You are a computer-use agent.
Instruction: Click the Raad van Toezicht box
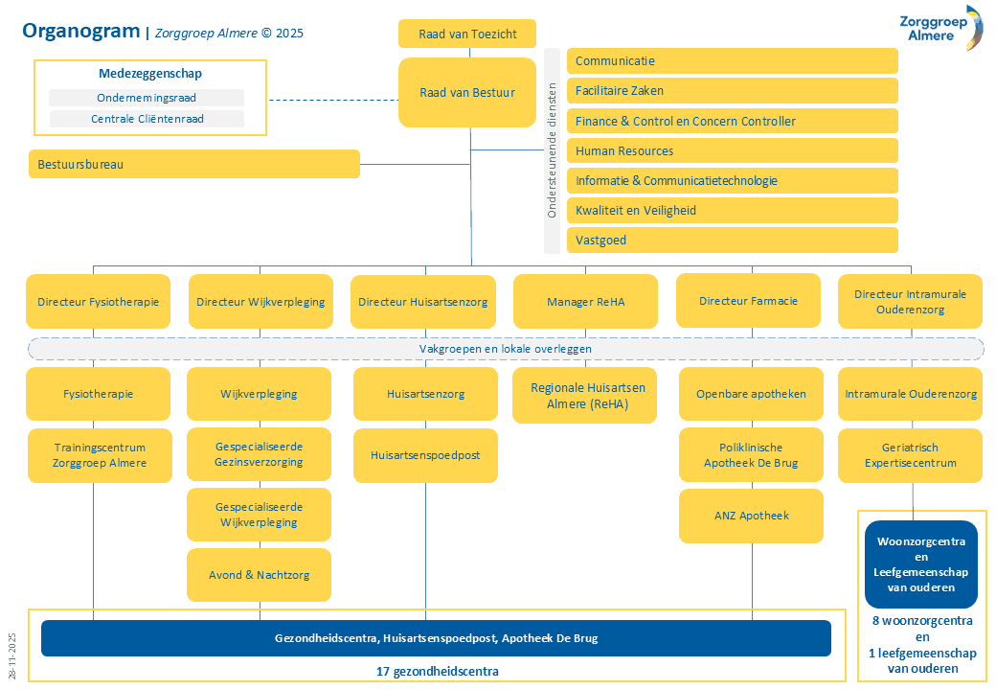point(467,34)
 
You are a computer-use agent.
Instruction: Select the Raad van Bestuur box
point(467,93)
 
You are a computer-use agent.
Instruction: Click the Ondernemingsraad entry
point(147,98)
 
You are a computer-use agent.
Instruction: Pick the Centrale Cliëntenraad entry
point(147,119)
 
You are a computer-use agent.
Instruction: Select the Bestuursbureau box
point(194,164)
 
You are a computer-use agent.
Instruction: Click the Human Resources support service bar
point(733,150)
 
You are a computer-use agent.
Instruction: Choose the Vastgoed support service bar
point(733,240)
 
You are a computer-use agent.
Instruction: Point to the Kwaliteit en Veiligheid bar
point(733,210)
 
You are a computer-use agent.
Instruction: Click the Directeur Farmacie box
point(748,301)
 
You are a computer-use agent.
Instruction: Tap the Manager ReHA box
point(585,302)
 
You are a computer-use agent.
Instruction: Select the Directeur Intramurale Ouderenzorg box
point(910,302)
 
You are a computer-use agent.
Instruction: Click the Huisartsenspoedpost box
point(425,454)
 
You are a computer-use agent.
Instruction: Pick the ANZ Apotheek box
point(752,516)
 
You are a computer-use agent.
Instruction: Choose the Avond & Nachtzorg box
point(260,575)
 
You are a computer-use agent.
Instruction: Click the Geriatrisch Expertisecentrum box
point(910,455)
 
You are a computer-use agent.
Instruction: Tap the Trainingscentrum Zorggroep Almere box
point(101,455)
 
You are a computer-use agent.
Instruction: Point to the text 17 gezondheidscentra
point(437,671)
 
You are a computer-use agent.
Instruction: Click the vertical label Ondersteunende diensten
point(552,151)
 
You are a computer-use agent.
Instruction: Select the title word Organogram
point(80,32)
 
